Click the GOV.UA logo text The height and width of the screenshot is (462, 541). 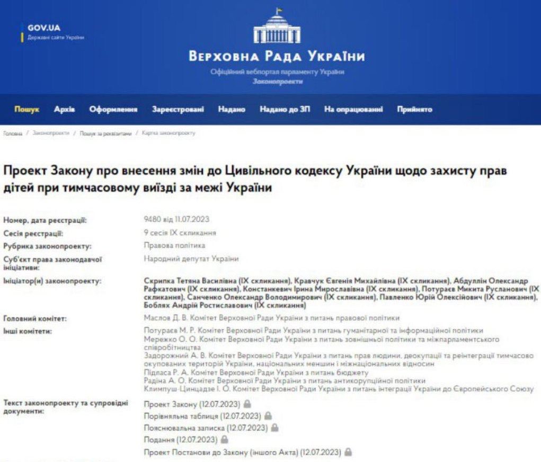coord(44,28)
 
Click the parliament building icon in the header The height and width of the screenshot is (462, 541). coord(277,29)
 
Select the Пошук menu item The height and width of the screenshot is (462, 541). coord(26,110)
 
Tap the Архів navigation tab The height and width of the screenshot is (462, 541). coord(65,110)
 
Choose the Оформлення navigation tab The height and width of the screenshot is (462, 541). coord(113,110)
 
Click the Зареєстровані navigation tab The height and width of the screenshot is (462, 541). coord(178,110)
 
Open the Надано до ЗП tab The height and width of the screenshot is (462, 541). coord(285,110)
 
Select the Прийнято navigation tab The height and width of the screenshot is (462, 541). coord(415,110)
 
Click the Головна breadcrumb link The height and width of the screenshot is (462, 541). coord(13,134)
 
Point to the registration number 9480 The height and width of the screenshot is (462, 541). coord(153,220)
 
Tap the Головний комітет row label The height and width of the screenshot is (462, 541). coord(35,319)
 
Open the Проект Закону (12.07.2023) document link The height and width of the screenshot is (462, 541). coord(181,404)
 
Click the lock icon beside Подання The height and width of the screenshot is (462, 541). coord(225,440)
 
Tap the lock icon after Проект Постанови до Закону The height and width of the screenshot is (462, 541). coord(348,452)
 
